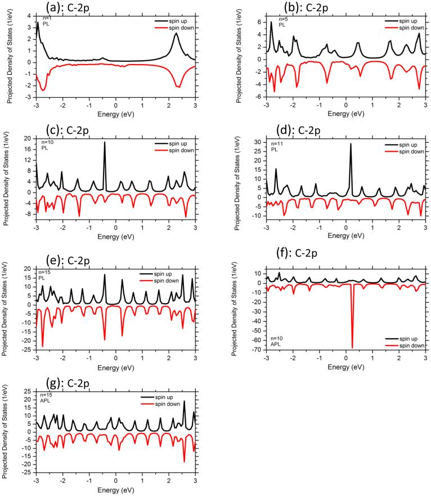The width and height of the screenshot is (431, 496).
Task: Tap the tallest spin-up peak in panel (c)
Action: pos(105,143)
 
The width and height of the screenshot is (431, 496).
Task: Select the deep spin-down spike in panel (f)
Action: pos(352,348)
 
